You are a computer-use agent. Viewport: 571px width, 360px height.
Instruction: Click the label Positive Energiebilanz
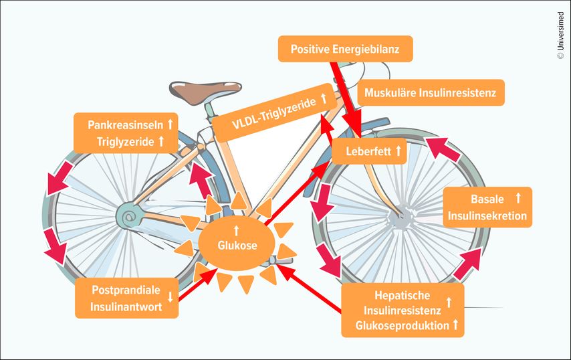345,49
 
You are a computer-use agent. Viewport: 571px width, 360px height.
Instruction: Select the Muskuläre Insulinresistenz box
431,94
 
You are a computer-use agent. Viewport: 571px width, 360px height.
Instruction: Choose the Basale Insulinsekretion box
487,207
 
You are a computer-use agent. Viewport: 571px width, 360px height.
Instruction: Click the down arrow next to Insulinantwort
170,298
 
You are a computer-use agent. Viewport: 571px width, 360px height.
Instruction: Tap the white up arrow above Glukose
236,230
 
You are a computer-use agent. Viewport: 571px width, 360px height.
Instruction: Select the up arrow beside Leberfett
398,152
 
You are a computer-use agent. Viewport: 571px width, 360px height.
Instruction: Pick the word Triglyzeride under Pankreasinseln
126,141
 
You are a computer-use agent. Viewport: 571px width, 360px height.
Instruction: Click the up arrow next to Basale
518,198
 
